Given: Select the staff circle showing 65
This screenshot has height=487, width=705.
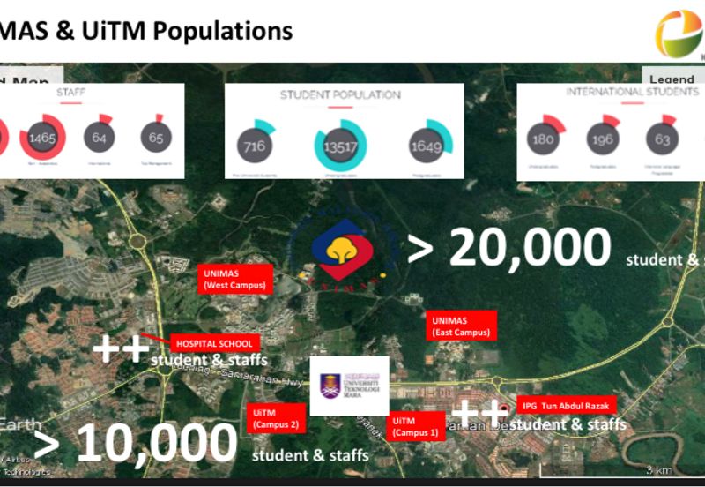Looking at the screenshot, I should [x=156, y=138].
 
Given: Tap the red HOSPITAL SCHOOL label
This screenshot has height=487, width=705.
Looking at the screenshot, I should [x=214, y=343].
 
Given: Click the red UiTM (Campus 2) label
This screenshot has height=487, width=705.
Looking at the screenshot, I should [x=276, y=417].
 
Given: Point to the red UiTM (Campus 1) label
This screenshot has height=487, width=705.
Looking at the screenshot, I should [x=415, y=426].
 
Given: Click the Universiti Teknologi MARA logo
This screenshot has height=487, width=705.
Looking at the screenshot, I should [x=349, y=385].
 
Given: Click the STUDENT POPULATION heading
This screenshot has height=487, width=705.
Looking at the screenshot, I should [x=340, y=94].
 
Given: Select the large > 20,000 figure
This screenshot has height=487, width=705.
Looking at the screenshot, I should [x=509, y=247].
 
